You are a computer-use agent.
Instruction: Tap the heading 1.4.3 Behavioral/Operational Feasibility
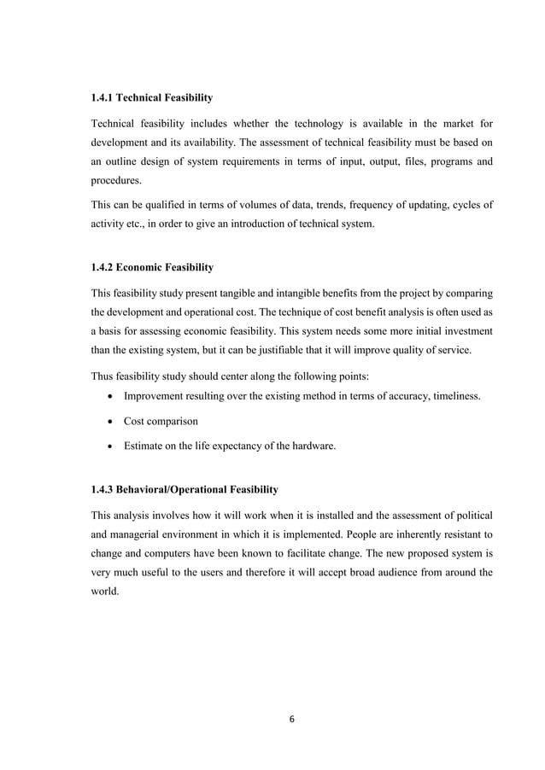point(185,489)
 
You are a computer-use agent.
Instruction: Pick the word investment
point(465,330)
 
